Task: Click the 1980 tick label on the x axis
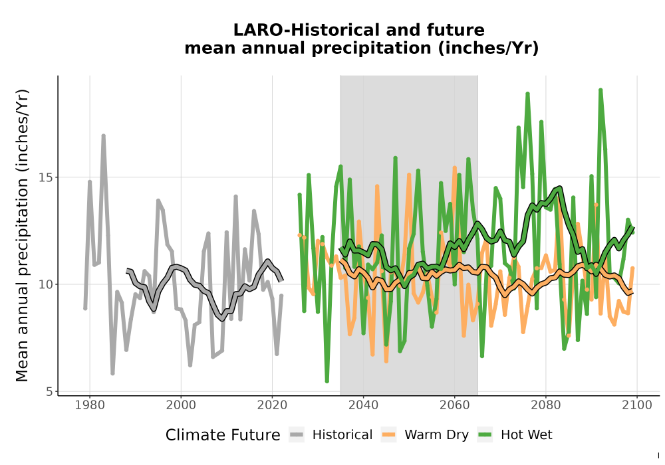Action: (90, 405)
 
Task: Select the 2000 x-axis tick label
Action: (181, 405)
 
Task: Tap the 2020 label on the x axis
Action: (272, 405)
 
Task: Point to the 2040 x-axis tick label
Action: (364, 405)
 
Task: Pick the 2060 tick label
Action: (455, 405)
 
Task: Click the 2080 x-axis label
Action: (546, 405)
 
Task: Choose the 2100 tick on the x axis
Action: (637, 405)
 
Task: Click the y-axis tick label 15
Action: (46, 177)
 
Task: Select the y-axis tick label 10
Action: (46, 284)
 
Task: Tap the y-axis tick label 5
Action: (50, 392)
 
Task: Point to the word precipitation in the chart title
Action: (372, 48)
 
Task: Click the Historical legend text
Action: (342, 435)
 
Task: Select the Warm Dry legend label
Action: (436, 435)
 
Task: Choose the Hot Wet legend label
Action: (526, 435)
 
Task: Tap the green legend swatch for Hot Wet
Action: (485, 435)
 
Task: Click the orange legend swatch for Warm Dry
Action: (388, 435)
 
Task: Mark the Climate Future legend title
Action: (223, 435)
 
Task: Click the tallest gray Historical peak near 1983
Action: (103, 136)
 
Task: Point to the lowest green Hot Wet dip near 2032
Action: (327, 381)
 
